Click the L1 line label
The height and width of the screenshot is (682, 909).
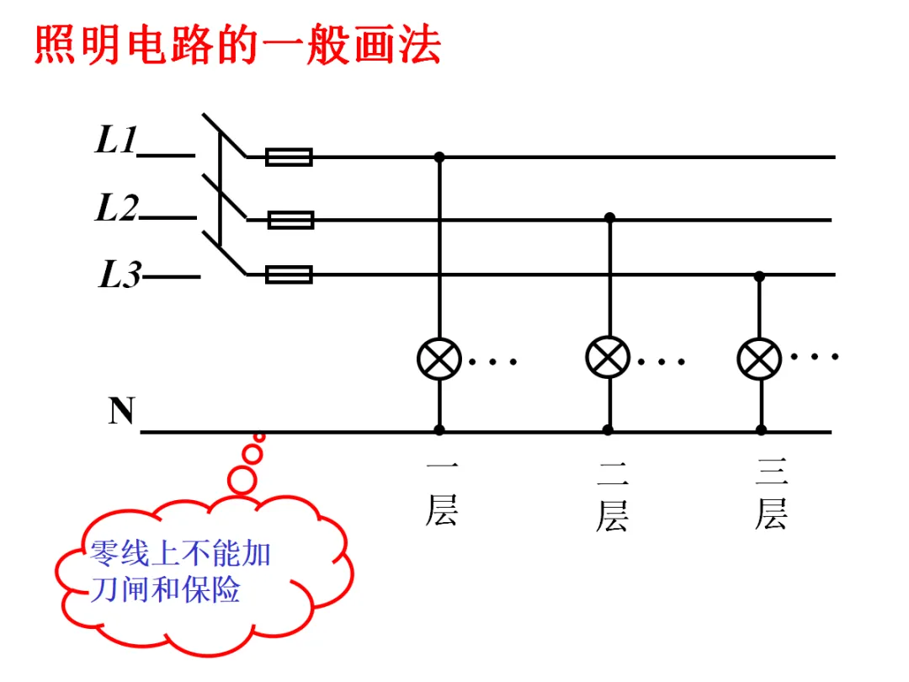pos(116,140)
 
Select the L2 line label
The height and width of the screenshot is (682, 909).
pos(117,207)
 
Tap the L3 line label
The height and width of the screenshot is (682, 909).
pos(120,274)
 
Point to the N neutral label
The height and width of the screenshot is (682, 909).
pos(122,411)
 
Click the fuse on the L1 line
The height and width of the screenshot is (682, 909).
pos(289,157)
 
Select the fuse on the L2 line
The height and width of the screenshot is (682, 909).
pos(290,220)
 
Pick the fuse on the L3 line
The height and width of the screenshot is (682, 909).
pos(289,274)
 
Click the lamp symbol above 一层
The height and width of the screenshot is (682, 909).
pos(439,359)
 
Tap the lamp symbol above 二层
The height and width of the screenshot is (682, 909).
pos(608,357)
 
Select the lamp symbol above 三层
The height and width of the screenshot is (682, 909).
pos(759,359)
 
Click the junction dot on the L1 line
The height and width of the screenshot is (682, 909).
pos(439,157)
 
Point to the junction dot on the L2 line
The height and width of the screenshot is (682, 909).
pos(609,218)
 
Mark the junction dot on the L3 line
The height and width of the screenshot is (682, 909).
pos(759,277)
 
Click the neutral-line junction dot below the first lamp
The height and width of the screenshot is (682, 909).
pos(439,430)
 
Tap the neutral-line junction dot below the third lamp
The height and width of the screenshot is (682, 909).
pos(761,430)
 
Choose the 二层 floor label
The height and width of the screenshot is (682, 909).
pos(612,497)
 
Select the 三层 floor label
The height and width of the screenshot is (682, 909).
pos(772,493)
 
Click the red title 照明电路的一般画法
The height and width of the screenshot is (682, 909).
pos(237,45)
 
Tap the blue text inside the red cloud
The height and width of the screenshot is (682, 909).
pos(181,572)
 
